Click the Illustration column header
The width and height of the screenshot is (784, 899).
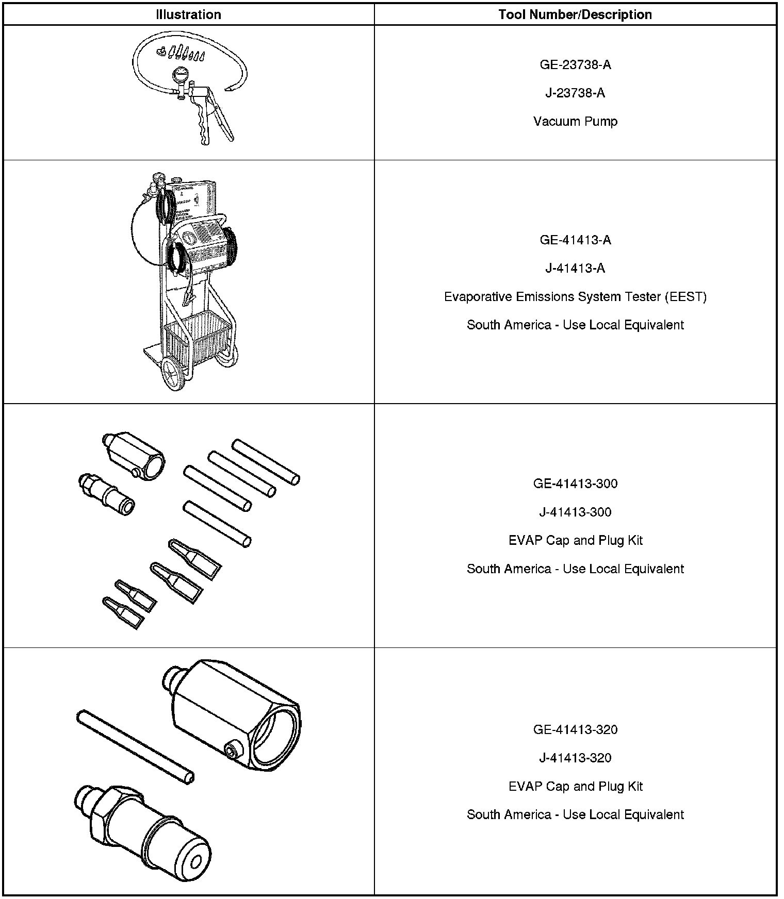(x=188, y=14)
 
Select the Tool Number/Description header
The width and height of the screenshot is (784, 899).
(x=575, y=14)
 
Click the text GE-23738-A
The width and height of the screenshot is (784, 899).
(x=575, y=64)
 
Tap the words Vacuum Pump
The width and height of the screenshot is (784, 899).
(x=575, y=121)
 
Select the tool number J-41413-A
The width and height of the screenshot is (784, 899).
(x=575, y=268)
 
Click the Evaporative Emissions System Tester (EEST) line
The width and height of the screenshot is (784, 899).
(x=575, y=296)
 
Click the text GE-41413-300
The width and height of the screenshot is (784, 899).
(x=575, y=484)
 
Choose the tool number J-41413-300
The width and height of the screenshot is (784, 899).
(x=575, y=512)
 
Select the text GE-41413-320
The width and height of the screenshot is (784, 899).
(x=575, y=729)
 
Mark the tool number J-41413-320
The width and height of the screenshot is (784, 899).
(x=575, y=758)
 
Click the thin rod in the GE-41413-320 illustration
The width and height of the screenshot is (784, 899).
(x=135, y=746)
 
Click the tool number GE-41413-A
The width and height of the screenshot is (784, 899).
(x=575, y=240)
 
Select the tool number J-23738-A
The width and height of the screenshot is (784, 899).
(x=575, y=93)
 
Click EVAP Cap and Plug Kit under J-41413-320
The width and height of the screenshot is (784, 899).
(x=575, y=786)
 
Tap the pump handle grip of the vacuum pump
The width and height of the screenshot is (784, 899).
(x=203, y=124)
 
